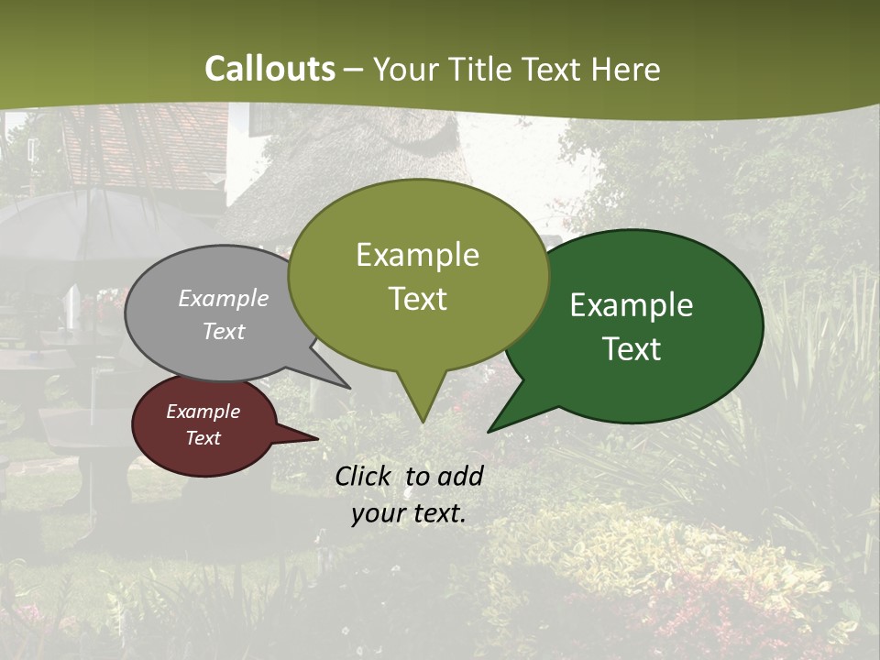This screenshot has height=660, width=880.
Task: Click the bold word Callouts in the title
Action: pos(269,69)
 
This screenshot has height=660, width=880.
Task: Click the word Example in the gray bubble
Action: pos(224,298)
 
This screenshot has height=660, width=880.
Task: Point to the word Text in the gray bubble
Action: pos(224,331)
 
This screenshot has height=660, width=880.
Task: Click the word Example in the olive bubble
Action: pos(417,255)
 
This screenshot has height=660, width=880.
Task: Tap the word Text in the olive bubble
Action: pos(417,299)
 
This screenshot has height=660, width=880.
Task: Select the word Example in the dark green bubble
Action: pos(632,305)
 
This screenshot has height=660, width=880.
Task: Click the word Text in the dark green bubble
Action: pos(632,349)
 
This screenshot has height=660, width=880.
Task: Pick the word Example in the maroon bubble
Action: pos(203,412)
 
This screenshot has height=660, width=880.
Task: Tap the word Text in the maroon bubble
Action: pos(203,438)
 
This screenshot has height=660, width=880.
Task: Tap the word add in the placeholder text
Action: pos(460,476)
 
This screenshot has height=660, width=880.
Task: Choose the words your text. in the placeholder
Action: pos(408,513)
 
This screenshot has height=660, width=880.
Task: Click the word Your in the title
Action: pos(403,69)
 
